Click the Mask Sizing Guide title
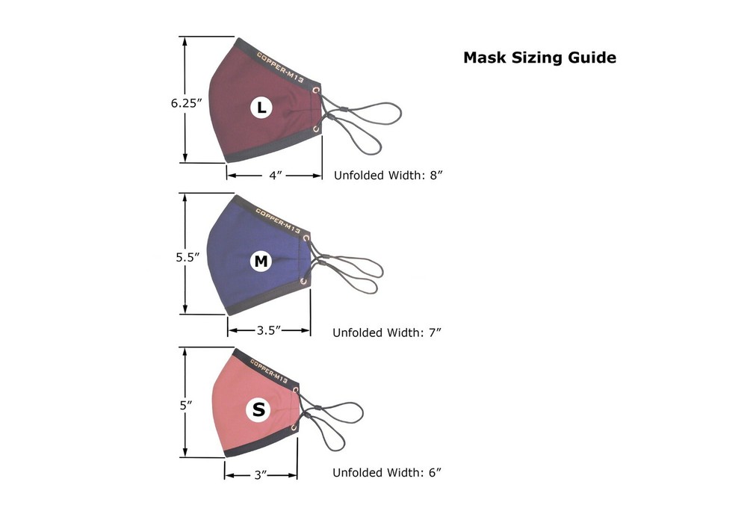coord(540,58)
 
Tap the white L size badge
coord(261,108)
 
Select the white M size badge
coord(261,261)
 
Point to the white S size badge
coord(258,409)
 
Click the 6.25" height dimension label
coord(186,103)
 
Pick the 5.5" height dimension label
coord(187,257)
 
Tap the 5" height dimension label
coord(186,405)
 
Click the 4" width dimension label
coord(276,176)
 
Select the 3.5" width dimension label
coord(269,329)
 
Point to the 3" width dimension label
coord(260,474)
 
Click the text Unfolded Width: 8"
coord(388,176)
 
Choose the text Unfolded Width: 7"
coord(387,332)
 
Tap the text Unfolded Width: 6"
coord(387,472)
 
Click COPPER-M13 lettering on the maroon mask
coord(280,67)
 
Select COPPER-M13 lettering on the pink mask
coord(269,371)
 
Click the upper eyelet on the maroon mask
coord(316,90)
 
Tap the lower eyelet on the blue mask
coord(303,282)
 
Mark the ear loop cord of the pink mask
coord(333,419)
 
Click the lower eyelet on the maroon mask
coord(316,129)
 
